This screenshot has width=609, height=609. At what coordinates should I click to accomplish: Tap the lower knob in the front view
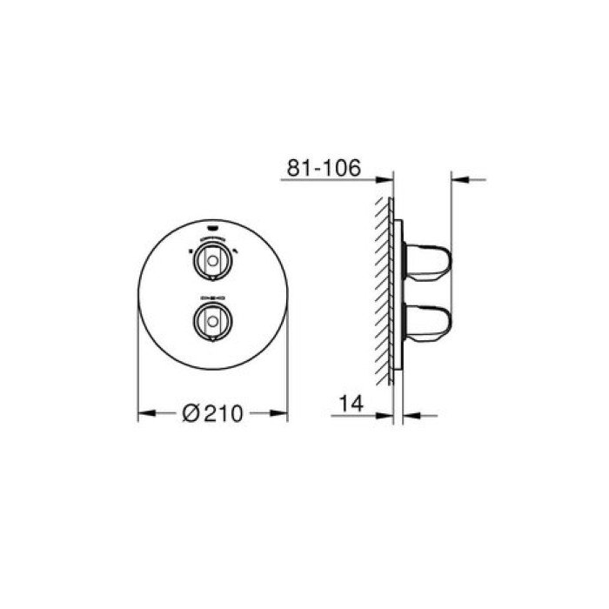(212, 318)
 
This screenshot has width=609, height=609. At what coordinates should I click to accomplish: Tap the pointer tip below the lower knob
(212, 338)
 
